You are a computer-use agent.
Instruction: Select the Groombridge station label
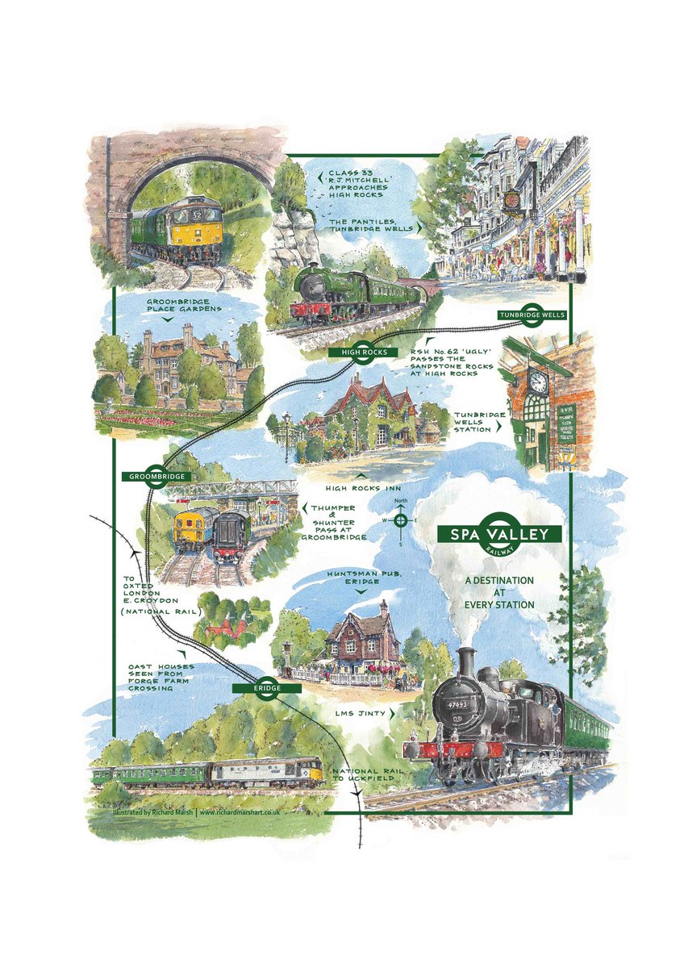(156, 476)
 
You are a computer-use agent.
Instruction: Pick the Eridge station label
(266, 688)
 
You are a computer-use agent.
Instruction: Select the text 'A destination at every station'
(499, 592)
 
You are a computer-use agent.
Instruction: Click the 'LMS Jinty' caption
(362, 713)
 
